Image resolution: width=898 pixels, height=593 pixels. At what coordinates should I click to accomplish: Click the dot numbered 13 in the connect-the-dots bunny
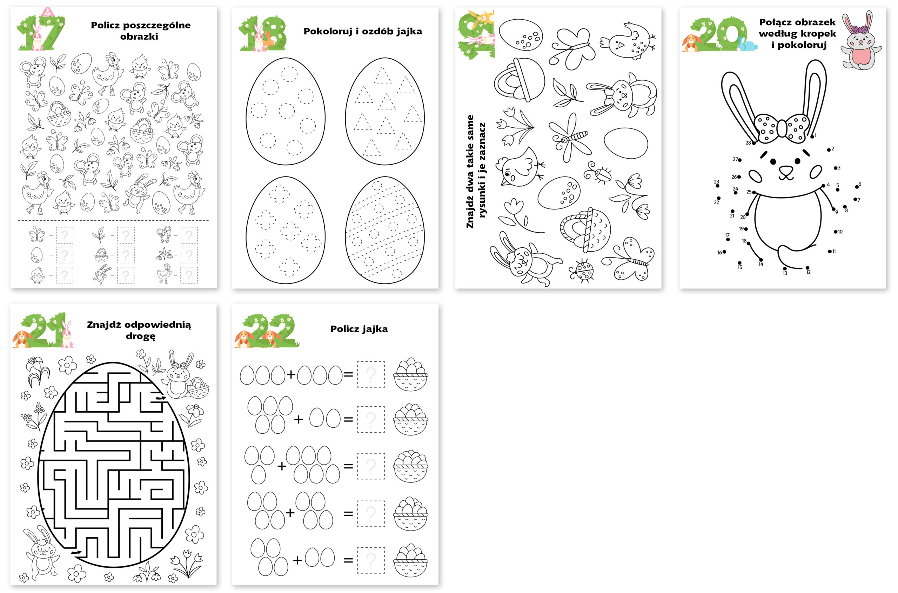(785, 269)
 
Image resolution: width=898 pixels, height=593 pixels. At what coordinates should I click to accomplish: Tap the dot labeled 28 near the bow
(754, 143)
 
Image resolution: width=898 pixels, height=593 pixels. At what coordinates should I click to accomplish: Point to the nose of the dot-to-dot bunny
(786, 169)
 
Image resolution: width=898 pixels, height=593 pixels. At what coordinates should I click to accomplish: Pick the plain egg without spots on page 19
(626, 143)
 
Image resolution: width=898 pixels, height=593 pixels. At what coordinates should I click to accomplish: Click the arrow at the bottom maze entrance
(77, 553)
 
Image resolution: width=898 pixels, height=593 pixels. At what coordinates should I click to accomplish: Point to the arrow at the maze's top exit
(161, 398)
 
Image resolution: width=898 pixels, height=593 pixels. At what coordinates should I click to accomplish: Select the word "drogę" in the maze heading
(140, 336)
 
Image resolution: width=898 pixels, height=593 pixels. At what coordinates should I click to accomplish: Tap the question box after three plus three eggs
(371, 374)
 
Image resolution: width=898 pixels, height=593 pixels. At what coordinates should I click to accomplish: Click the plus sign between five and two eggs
(298, 419)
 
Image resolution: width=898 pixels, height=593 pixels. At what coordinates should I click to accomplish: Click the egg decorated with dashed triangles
(384, 111)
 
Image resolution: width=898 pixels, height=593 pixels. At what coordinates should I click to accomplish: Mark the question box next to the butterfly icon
(65, 235)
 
